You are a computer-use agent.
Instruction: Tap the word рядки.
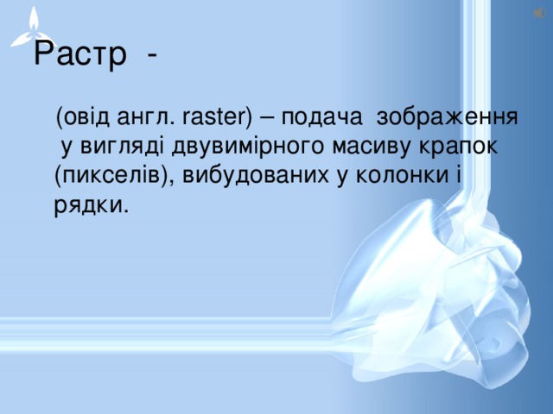92,205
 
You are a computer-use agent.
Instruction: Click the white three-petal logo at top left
34,26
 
